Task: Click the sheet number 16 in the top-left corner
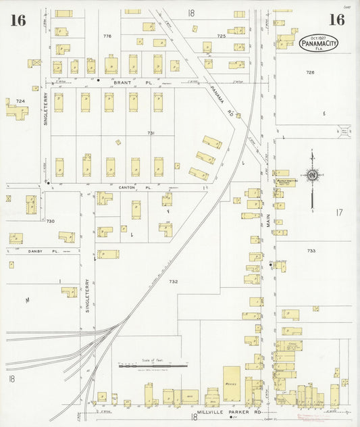tap(18, 20)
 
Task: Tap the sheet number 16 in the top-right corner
tap(336, 20)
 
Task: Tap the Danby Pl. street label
tap(35, 251)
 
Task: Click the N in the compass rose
tap(312, 176)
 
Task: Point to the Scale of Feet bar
tap(153, 366)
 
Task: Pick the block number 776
tap(107, 35)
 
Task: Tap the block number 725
tap(221, 35)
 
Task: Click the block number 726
tap(310, 72)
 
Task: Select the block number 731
tap(151, 133)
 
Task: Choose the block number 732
tap(173, 281)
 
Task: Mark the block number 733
tap(311, 251)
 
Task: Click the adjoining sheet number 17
tap(338, 213)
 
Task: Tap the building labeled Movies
tap(231, 383)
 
